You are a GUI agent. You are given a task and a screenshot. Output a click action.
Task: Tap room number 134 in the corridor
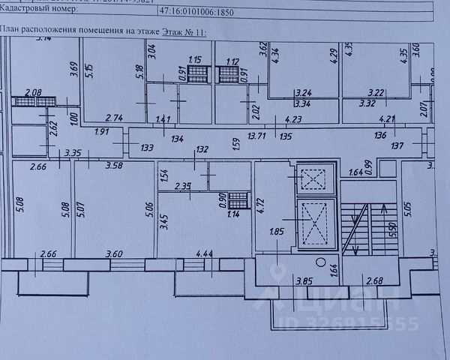pos(177,138)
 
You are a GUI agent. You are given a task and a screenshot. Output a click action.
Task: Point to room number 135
pos(286,137)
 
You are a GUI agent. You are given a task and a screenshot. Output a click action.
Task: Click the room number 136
pos(382,136)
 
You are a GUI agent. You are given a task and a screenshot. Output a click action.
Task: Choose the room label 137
pos(397,145)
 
